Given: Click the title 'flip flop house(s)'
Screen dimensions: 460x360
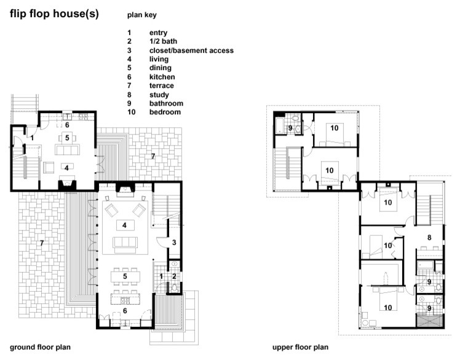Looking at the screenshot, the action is coord(54,14).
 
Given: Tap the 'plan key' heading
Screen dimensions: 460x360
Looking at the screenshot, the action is coord(141,15).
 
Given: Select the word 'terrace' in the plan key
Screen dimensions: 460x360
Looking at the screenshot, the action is coord(161,85).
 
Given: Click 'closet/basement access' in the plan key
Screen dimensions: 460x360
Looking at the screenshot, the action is coord(191,50).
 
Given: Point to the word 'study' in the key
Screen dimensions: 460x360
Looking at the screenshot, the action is coord(159,95).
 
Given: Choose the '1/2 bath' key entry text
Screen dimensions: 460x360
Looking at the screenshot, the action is coord(163,41).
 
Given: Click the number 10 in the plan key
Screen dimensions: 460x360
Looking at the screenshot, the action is coord(131,112).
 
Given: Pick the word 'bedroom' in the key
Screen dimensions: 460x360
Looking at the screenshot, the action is coord(165,112).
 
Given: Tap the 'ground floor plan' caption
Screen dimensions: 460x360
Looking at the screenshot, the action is coord(40,347).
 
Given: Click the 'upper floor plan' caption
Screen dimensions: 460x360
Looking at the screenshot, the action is coord(300,347).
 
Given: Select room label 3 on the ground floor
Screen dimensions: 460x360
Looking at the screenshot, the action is coord(174,243).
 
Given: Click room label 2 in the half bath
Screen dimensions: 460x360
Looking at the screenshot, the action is coord(174,276).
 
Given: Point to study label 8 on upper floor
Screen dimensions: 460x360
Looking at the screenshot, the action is coord(429,238).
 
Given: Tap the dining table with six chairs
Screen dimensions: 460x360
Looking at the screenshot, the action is coord(125,276).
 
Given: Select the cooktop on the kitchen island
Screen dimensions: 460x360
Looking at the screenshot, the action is coord(125,300).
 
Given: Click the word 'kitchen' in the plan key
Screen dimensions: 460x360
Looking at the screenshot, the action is coord(162,77).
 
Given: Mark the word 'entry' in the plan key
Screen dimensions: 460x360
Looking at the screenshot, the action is coord(158,33).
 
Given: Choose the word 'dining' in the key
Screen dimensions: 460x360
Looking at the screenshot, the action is coord(160,68).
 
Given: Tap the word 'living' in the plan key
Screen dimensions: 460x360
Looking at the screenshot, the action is coord(159,59).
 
